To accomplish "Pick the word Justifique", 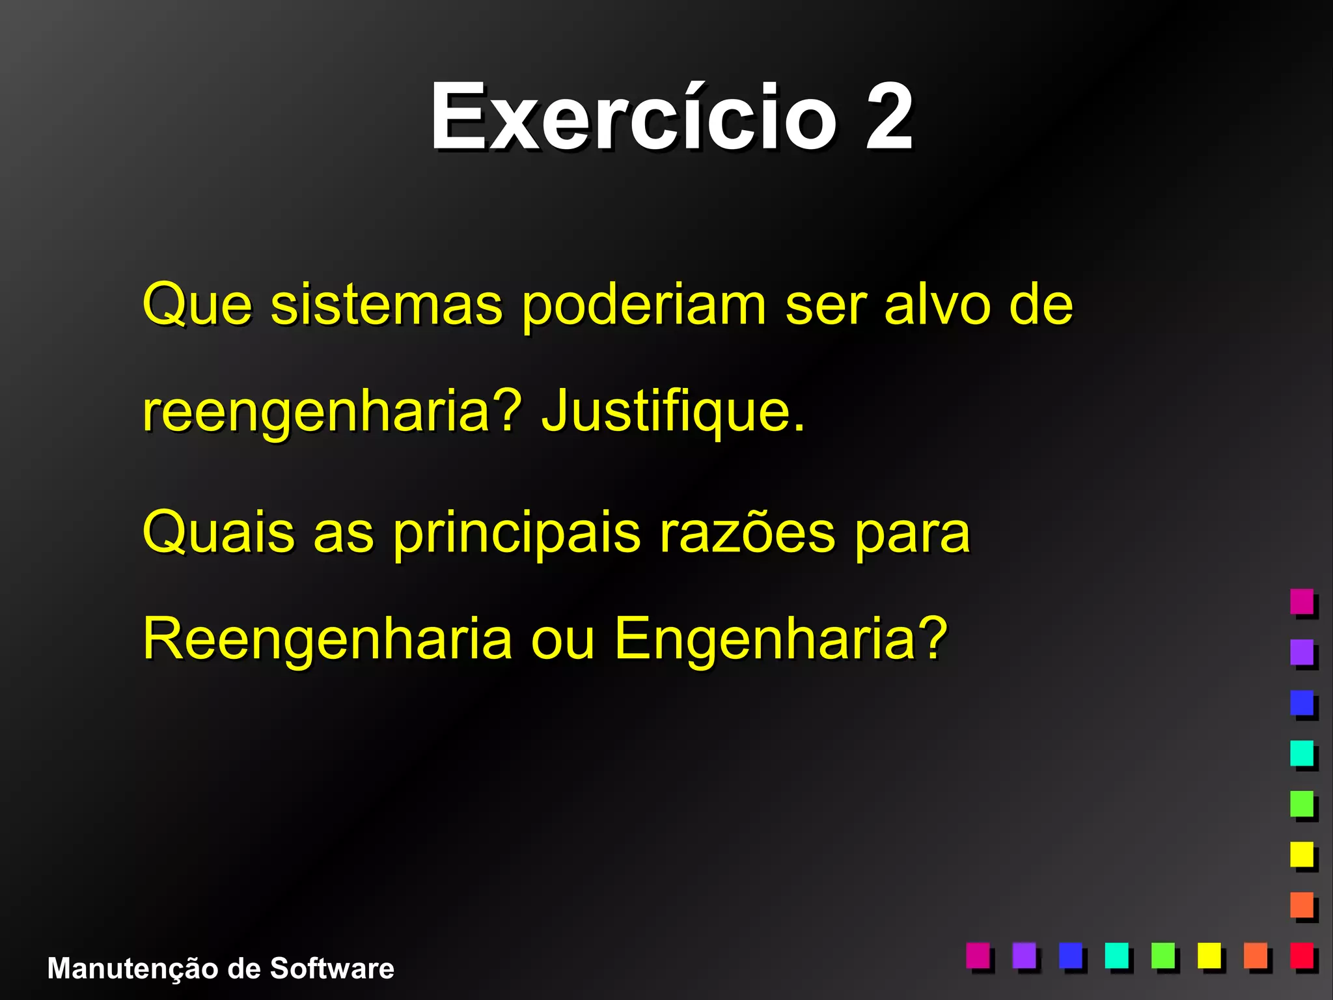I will pyautogui.click(x=674, y=411).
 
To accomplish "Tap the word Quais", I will pyautogui.click(x=218, y=533).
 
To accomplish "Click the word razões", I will pyautogui.click(x=747, y=533).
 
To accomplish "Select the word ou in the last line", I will pyautogui.click(x=562, y=639).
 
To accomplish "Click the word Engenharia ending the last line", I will pyautogui.click(x=780, y=639).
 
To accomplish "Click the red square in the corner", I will pyautogui.click(x=1302, y=955).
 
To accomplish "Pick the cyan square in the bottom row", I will pyautogui.click(x=1117, y=955).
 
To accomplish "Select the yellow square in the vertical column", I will pyautogui.click(x=1302, y=854).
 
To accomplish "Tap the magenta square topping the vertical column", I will pyautogui.click(x=1302, y=601).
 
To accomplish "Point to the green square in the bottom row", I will pyautogui.click(x=1163, y=955).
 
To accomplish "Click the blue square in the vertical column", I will pyautogui.click(x=1302, y=702).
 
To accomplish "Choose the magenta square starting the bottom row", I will pyautogui.click(x=978, y=955).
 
